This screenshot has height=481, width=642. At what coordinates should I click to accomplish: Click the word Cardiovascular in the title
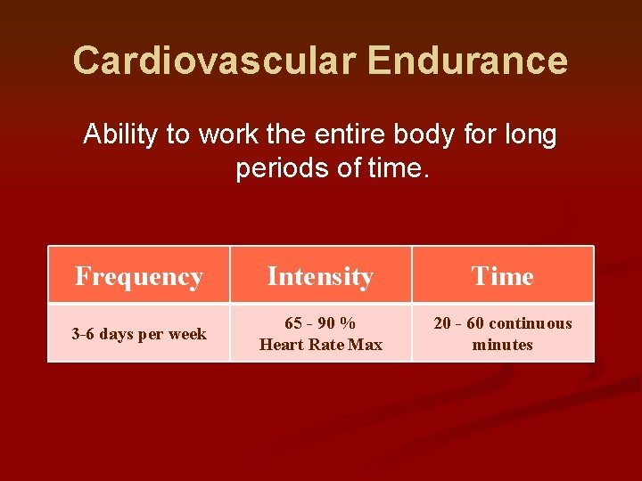tap(214, 61)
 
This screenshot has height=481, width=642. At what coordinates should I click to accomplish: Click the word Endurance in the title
tap(467, 61)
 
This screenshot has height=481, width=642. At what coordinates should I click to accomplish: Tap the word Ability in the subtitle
tap(119, 135)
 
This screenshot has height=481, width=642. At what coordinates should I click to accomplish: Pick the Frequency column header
tap(139, 276)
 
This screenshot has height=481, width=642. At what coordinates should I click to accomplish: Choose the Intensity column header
tap(320, 276)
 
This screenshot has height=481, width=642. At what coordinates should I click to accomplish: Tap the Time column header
tap(502, 276)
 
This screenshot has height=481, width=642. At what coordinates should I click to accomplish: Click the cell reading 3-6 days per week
tap(139, 334)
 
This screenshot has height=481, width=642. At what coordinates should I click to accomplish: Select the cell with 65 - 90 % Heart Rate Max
tap(320, 334)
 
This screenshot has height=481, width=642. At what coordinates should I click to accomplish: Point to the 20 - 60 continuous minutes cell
tap(502, 334)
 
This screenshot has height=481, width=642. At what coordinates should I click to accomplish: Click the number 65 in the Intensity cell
tap(293, 323)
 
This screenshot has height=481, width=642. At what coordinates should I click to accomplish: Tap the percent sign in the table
tap(348, 323)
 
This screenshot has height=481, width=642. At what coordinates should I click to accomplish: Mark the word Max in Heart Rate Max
tap(365, 345)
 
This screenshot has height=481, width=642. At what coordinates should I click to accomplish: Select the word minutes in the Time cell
tap(502, 345)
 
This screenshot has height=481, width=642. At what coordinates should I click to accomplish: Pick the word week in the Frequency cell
tap(188, 334)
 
